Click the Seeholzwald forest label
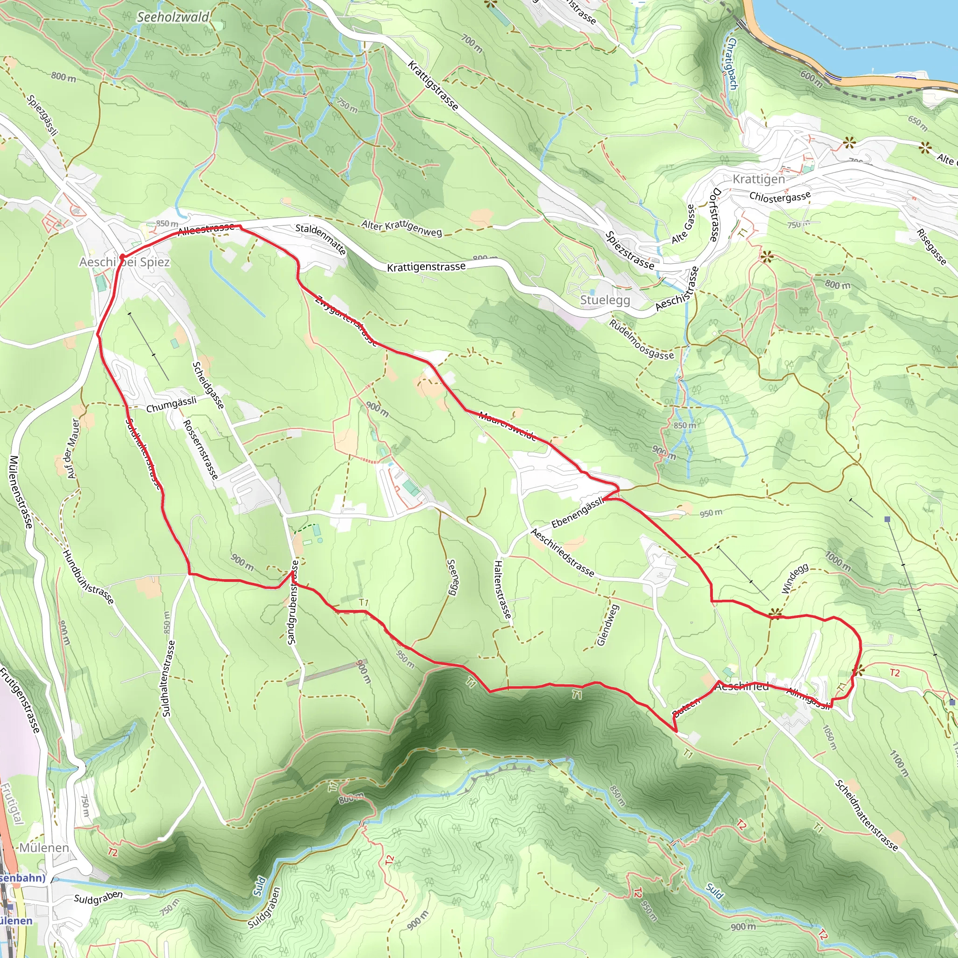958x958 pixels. (x=173, y=17)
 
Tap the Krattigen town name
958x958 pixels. (x=759, y=179)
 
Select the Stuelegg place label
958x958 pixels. (x=605, y=300)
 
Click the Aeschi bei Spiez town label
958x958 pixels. (x=124, y=262)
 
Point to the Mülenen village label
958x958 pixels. (x=44, y=848)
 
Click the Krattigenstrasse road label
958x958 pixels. (x=426, y=267)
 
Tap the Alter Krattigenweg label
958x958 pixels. (x=402, y=228)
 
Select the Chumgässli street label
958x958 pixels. (x=171, y=405)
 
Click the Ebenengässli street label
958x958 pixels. (x=578, y=512)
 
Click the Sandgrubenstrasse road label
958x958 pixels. (x=294, y=602)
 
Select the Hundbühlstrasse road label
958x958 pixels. (x=88, y=577)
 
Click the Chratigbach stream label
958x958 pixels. (x=732, y=65)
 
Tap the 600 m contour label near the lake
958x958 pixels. (x=811, y=78)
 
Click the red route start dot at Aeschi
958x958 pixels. (x=122, y=257)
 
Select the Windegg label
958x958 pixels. (x=794, y=579)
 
